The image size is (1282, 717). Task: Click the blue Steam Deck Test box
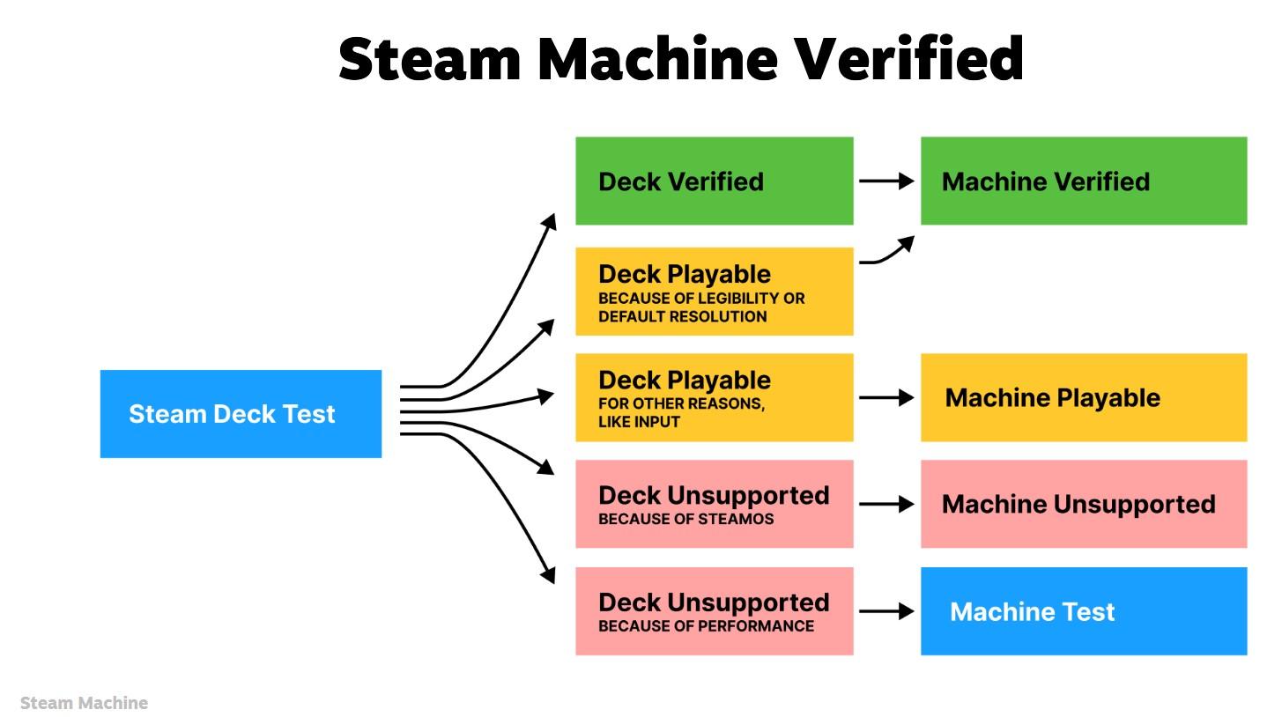point(241,413)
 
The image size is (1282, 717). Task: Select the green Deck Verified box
point(714,181)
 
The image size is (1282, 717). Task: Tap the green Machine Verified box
point(1083,181)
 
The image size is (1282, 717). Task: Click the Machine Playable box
point(1083,397)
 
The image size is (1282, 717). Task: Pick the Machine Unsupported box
point(1083,504)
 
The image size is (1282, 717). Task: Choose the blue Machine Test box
point(1083,611)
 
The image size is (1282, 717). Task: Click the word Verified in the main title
point(908,59)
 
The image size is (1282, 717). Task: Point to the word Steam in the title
point(430,59)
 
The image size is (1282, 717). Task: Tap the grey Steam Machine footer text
point(84,703)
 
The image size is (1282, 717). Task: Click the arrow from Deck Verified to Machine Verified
point(886,181)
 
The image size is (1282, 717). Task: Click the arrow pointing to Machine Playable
point(886,398)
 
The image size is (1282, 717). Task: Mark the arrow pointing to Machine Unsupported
point(886,505)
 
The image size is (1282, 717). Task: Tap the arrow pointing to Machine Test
point(886,611)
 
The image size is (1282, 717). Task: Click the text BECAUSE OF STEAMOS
point(685,519)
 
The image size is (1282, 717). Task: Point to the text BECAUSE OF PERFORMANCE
point(706,626)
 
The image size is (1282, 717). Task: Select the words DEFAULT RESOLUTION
point(682,316)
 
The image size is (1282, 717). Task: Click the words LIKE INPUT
point(639,422)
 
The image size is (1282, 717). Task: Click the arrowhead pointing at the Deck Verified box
point(550,221)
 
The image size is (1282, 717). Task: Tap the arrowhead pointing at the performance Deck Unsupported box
point(548,575)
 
